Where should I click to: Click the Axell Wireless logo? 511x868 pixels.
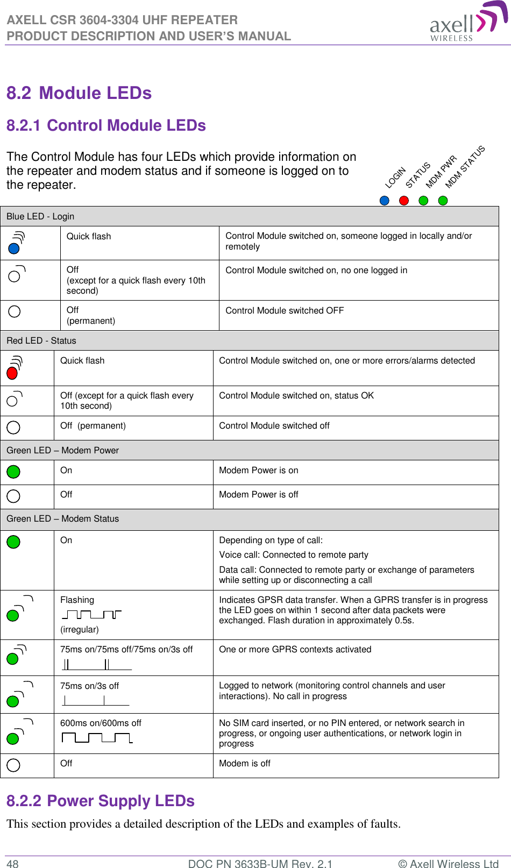click(x=467, y=22)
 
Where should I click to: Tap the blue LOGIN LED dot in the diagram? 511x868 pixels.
click(x=384, y=201)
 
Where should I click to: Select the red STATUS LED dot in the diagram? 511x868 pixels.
click(x=404, y=201)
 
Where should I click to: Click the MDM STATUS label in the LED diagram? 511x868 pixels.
click(x=465, y=167)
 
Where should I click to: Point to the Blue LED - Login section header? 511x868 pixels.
click(x=40, y=216)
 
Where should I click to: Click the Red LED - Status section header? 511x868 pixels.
click(x=41, y=340)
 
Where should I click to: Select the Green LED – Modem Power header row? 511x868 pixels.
click(x=62, y=450)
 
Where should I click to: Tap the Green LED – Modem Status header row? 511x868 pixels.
click(x=62, y=518)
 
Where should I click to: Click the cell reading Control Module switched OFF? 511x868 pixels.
click(x=285, y=310)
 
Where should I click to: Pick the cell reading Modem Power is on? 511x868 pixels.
click(x=258, y=470)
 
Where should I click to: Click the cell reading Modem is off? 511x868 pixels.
click(x=244, y=763)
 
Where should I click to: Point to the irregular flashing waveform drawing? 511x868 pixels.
click(x=91, y=614)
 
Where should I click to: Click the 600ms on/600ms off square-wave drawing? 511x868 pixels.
click(x=97, y=737)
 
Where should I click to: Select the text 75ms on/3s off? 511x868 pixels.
click(x=89, y=686)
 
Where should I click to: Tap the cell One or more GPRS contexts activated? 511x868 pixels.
click(x=295, y=649)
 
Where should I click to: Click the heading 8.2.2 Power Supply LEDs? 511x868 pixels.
click(x=101, y=801)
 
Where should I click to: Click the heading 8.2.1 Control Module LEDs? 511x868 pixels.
click(x=106, y=125)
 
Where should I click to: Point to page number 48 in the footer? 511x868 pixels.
click(x=12, y=864)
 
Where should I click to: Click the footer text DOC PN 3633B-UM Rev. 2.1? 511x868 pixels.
click(x=260, y=864)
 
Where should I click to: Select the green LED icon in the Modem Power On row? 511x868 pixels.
click(x=13, y=472)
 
